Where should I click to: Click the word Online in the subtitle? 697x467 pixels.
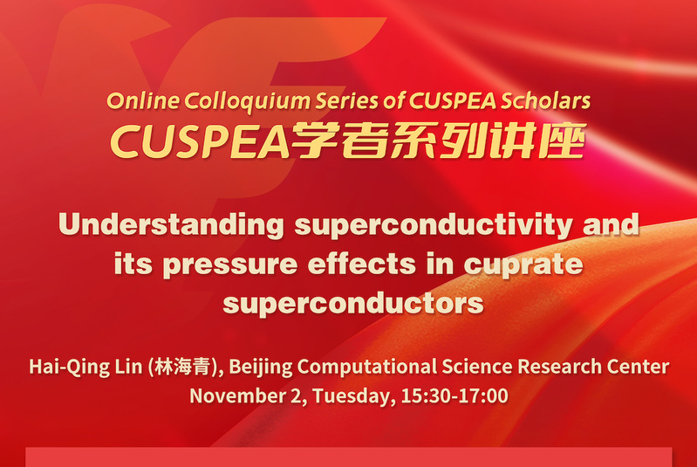point(143,101)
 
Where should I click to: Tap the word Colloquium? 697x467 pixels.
point(247,102)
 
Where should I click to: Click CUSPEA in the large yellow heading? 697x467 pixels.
point(200,142)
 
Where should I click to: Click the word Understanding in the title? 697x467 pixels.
point(172,224)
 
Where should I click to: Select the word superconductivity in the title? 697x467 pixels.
point(434,224)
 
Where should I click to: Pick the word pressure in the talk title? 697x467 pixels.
point(230,265)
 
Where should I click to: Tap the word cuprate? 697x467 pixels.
point(523,265)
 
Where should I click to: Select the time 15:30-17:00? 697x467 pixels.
point(454,395)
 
